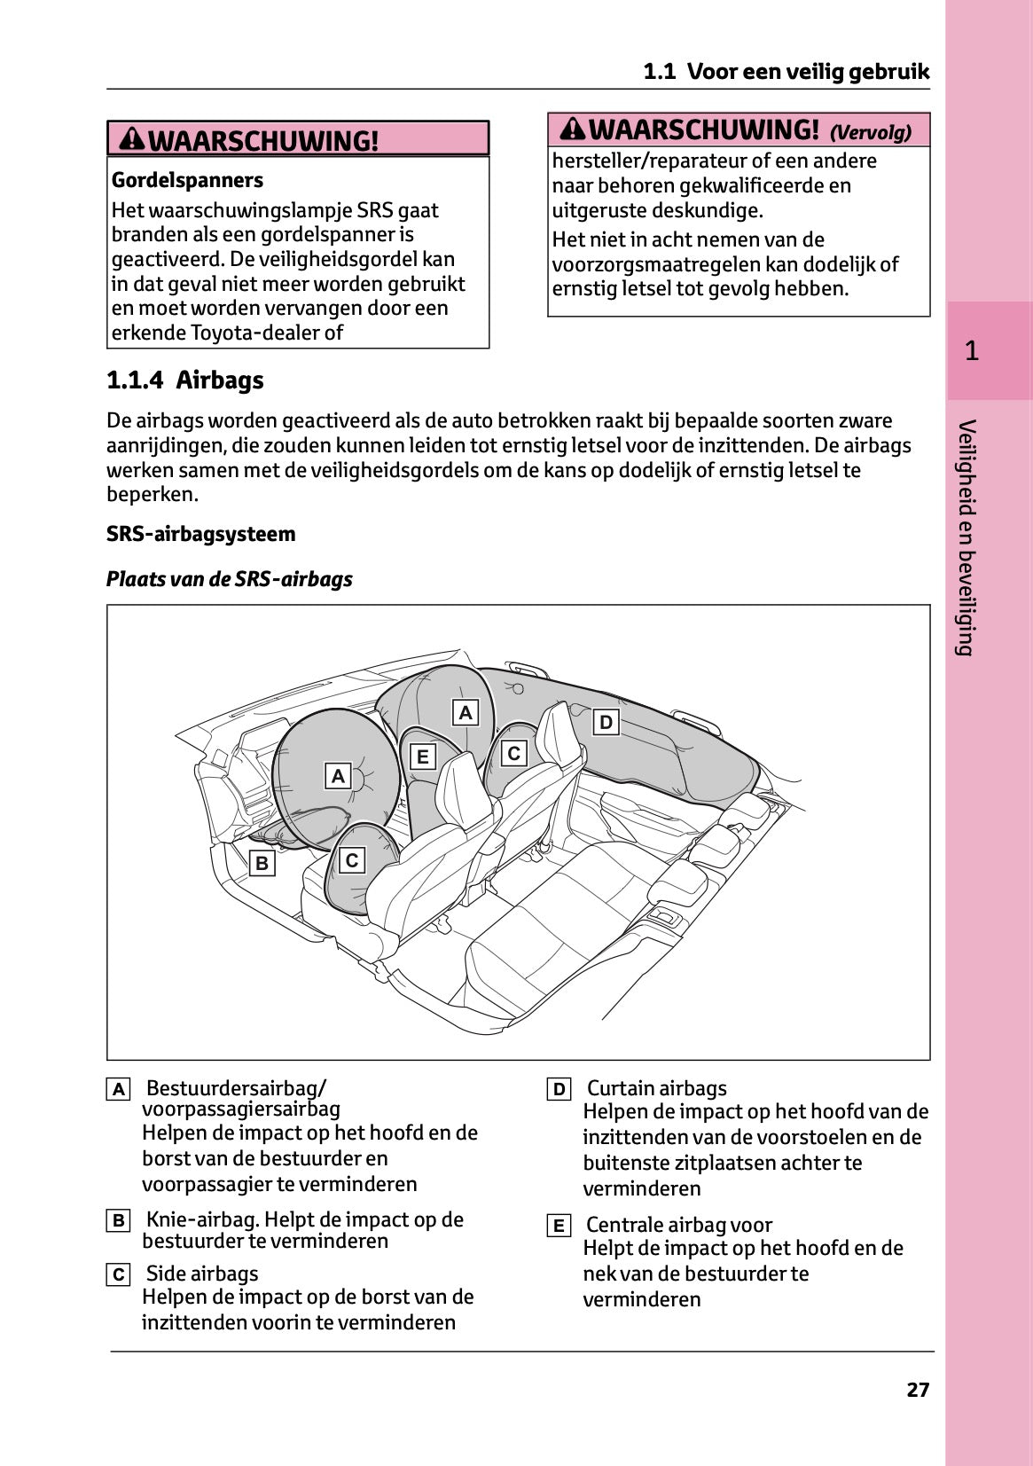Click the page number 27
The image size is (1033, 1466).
[x=918, y=1390]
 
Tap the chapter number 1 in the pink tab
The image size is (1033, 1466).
[x=972, y=351]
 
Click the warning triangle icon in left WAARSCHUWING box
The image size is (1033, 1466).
[x=132, y=139]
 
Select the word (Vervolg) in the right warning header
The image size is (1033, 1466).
[x=870, y=133]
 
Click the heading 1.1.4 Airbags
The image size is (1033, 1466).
[x=185, y=380]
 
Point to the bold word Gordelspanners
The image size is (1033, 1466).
[x=187, y=180]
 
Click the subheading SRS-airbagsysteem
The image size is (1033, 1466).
[x=200, y=534]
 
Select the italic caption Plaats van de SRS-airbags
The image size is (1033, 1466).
[x=229, y=579]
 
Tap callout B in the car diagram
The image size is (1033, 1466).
[x=262, y=863]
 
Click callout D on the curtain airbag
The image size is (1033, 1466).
[x=606, y=722]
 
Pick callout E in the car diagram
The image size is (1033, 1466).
[x=423, y=757]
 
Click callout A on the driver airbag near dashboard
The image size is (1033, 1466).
[x=338, y=776]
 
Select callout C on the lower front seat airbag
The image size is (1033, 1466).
[x=352, y=860]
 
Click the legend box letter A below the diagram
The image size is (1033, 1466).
[x=118, y=1089]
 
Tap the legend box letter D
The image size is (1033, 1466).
[x=559, y=1089]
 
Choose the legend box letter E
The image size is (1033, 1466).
[x=559, y=1226]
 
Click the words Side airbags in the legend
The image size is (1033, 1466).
[x=202, y=1274]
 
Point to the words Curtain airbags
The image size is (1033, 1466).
[x=656, y=1088]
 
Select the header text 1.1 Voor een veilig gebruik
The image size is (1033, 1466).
[x=786, y=72]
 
